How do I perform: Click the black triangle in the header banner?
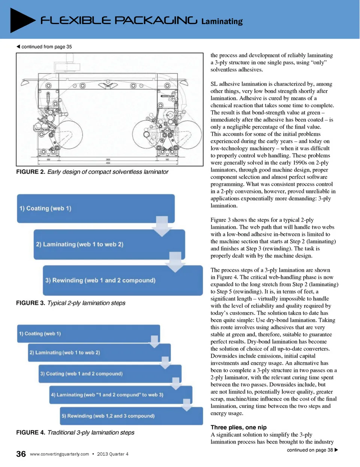point(21,20)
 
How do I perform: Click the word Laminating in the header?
point(222,21)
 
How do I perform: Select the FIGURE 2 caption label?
point(30,172)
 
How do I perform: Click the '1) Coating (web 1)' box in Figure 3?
point(96,209)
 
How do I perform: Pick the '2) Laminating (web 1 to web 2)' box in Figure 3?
point(109,244)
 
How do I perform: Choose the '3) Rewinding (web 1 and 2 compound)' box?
point(123,280)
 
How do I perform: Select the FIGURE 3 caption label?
point(30,303)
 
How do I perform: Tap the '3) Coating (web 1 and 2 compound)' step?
point(109,374)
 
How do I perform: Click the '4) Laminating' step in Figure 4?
point(120,395)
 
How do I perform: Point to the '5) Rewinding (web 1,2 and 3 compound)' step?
point(131,416)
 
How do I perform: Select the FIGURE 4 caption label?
point(30,432)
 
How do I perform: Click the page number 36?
point(21,454)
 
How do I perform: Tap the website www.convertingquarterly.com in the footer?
point(59,454)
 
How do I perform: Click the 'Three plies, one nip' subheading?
point(238,427)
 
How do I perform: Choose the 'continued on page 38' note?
point(312,450)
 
